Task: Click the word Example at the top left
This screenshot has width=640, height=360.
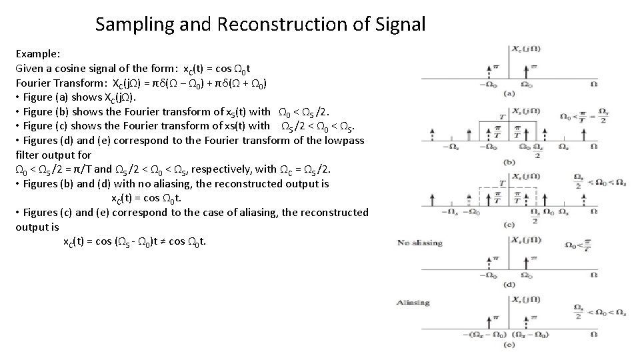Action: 37,53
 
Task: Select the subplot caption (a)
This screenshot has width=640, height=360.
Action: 509,94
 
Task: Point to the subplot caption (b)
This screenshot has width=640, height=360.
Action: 509,161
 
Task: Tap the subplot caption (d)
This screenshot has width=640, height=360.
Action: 509,285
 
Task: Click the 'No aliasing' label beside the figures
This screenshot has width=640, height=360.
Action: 420,243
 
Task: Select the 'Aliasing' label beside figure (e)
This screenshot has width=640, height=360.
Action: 414,303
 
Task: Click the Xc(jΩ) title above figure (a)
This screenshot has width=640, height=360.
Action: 526,48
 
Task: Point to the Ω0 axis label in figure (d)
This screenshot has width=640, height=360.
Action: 526,275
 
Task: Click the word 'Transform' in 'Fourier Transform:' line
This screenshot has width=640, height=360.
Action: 75,83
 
